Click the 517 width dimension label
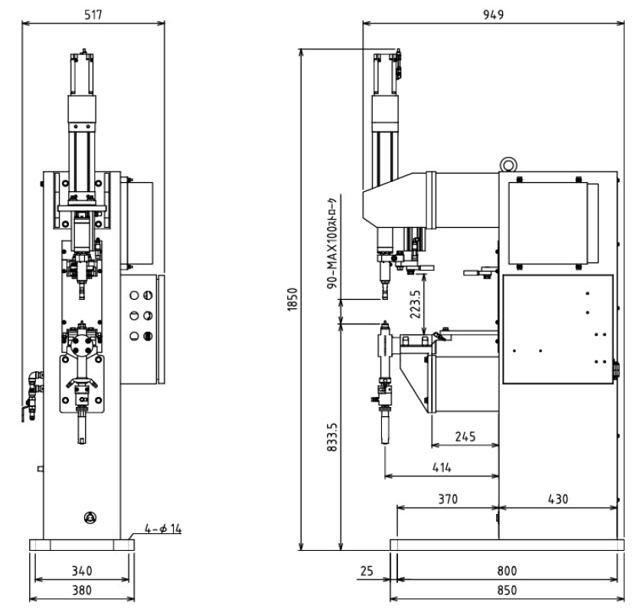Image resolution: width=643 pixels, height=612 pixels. (93, 15)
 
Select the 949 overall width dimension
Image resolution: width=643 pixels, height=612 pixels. (493, 15)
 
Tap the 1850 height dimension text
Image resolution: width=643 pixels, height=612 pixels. (292, 300)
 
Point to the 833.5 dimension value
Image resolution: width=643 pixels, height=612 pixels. (332, 438)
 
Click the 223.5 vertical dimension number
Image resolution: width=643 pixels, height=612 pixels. (415, 304)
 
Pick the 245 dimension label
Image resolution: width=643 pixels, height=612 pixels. (465, 437)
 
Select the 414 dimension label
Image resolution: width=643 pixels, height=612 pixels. (442, 467)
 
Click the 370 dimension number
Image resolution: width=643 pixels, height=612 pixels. (448, 500)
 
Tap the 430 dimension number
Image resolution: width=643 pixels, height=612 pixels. (558, 500)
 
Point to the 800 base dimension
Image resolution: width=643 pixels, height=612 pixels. (507, 571)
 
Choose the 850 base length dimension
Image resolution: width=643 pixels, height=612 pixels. (507, 591)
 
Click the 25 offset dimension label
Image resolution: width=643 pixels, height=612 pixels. (367, 571)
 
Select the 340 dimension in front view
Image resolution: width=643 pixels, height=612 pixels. (82, 571)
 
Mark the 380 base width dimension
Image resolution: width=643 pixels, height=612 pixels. (82, 591)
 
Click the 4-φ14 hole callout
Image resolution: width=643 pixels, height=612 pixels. (163, 529)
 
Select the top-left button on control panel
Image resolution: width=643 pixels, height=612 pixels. (134, 295)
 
